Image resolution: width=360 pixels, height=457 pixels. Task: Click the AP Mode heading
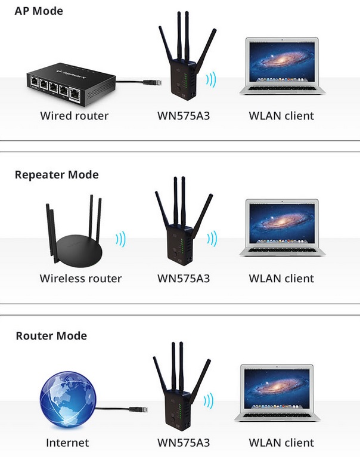point(39,11)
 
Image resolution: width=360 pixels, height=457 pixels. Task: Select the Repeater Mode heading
point(57,175)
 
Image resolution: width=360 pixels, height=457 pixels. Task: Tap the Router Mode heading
point(51,336)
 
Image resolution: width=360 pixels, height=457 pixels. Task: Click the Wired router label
point(75,116)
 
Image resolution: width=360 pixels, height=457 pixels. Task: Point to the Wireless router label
point(80,279)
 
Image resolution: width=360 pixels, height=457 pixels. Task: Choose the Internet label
point(67,443)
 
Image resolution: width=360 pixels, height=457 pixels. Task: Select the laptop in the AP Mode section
point(282,67)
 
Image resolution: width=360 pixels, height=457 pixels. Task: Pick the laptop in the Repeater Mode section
point(282,228)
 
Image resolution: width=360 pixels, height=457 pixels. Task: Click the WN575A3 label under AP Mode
point(184,116)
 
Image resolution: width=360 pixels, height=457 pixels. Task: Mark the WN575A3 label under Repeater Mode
point(184,279)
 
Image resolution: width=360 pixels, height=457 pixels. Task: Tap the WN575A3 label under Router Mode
point(184,443)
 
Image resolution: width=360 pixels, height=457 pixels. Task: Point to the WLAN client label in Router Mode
point(281,443)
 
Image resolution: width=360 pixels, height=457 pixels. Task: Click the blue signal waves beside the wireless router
point(121,239)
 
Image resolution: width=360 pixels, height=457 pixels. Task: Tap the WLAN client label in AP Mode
point(281,116)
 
